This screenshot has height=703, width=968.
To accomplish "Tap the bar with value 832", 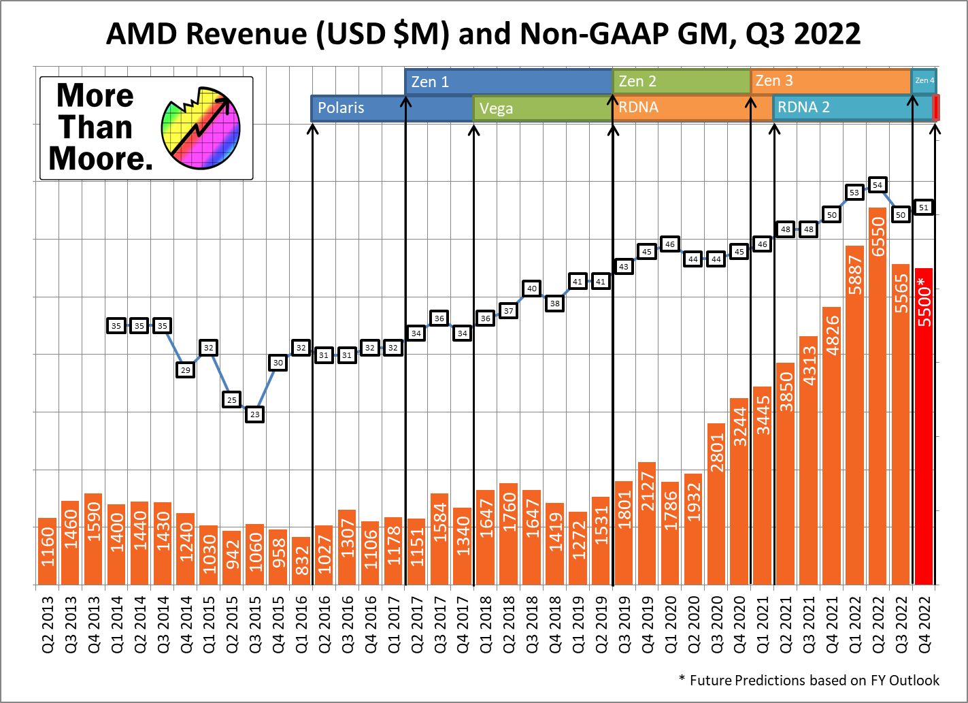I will (301, 561).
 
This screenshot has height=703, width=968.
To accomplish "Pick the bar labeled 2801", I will (716, 504).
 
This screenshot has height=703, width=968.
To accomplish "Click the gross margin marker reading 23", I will (254, 414).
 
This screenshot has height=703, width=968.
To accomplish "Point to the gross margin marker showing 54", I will (878, 185).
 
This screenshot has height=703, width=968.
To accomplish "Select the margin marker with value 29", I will (186, 370).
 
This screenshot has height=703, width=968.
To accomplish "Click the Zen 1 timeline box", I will (508, 82).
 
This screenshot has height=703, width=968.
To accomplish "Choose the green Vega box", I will (542, 108).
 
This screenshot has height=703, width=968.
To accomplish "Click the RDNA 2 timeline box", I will (852, 108).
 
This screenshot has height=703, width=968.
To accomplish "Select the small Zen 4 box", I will (924, 81).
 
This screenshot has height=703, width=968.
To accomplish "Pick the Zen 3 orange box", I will (831, 81).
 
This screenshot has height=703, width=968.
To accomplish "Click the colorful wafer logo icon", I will (201, 128).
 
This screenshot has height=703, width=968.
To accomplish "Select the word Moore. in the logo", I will (101, 159).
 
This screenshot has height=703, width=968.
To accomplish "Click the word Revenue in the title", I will (250, 34).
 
